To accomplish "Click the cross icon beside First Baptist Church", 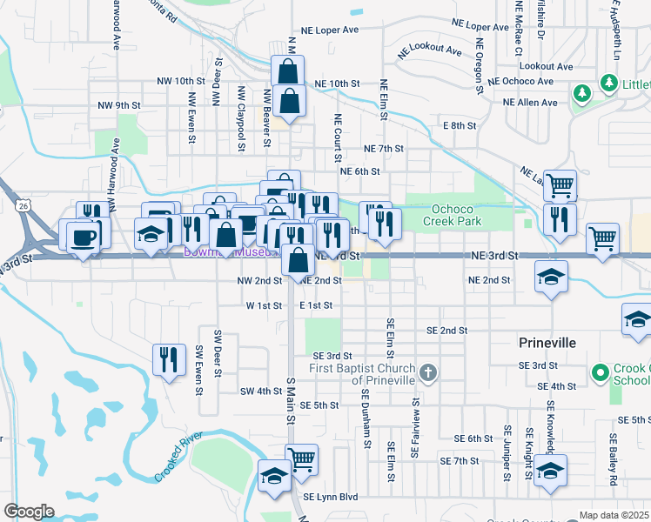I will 427,373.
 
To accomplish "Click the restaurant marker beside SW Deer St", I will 169,358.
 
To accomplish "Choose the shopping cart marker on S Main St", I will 301,458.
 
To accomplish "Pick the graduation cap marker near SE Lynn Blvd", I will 274,476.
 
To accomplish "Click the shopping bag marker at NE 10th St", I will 288,71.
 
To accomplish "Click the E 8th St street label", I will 460,125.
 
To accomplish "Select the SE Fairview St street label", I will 417,429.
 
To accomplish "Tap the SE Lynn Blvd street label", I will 331,497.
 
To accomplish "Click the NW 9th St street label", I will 119,105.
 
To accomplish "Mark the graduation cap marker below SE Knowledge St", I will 551,471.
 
